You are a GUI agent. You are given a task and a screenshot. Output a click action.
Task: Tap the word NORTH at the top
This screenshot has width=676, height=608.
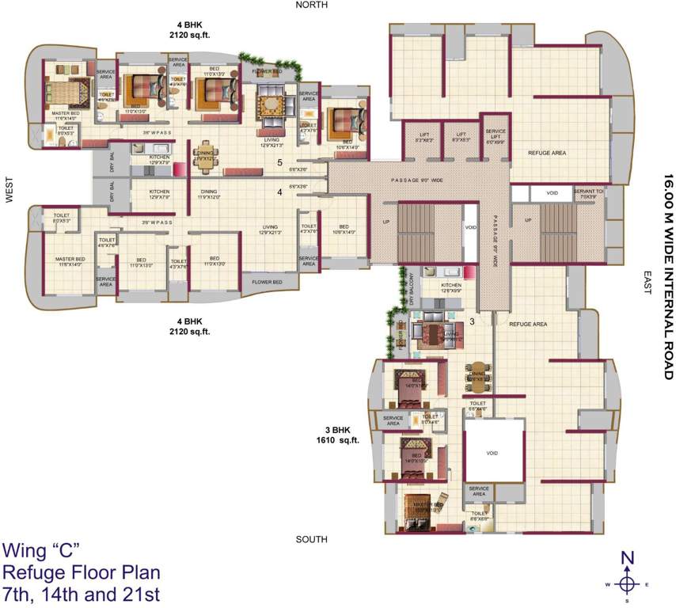pos(311,5)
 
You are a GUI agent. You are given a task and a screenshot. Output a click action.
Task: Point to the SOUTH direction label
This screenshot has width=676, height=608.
pos(311,539)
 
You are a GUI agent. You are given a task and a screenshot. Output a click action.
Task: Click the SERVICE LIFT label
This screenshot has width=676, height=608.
pos(496,135)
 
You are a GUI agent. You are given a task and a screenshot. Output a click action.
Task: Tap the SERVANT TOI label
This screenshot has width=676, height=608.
pos(589,192)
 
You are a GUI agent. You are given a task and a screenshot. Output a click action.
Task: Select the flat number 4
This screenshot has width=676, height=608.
pos(279,191)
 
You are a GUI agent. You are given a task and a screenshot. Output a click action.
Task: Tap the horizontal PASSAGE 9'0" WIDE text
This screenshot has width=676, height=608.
pos(416,180)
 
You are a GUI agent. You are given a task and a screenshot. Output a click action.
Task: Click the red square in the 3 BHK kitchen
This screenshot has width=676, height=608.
pos(469,273)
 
